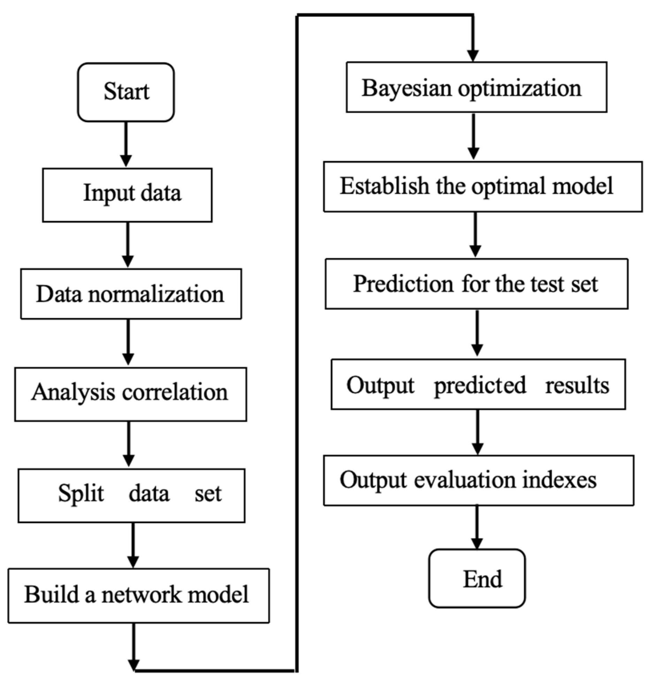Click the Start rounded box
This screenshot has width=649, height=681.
pos(126,92)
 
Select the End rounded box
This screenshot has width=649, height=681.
pos(476,579)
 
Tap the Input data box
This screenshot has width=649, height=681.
pos(127,195)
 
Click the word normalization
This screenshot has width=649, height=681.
pos(156,294)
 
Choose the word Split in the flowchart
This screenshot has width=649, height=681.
pos(81,493)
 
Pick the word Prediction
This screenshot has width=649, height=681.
pos(403,284)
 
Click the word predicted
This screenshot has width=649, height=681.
pos(480,386)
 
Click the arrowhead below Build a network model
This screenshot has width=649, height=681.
pos(134,665)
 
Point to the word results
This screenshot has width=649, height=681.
pos(577,386)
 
